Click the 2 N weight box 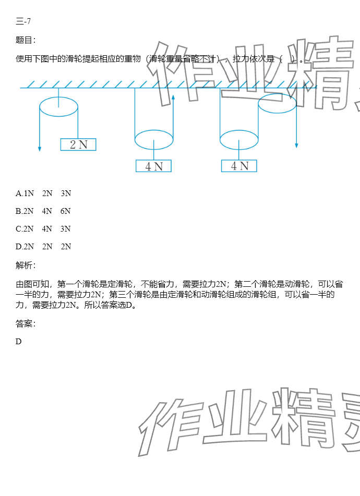point(78,144)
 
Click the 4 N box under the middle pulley point(153,166)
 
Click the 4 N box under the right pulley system point(239,166)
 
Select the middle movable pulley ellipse point(154,140)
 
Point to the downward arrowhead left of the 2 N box point(40,149)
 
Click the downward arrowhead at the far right point(296,145)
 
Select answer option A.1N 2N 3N point(43,193)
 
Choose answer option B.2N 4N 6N point(43,211)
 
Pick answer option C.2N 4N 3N point(43,229)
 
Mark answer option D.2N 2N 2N point(43,247)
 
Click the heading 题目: point(26,40)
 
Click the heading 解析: point(26,266)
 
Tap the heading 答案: point(26,324)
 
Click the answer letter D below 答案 point(19,342)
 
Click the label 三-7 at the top point(24,21)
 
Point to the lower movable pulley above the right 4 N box point(239,140)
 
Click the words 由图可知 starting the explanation point(33,284)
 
